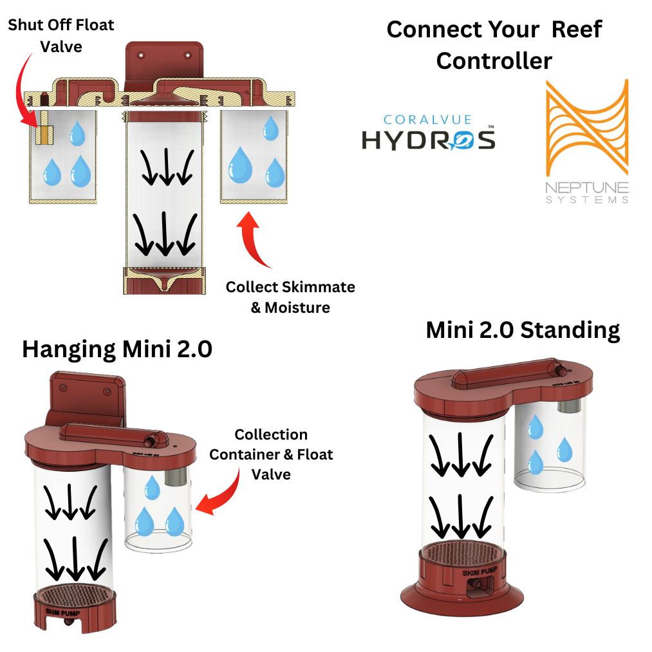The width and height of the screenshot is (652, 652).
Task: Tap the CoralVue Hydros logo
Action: (x=428, y=133)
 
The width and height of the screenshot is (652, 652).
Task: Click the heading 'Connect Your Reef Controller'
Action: (x=494, y=45)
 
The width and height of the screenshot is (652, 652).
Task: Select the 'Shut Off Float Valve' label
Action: (x=61, y=35)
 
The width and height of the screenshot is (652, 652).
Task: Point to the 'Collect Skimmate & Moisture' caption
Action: (x=290, y=297)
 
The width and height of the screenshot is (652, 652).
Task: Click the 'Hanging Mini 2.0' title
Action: (x=116, y=349)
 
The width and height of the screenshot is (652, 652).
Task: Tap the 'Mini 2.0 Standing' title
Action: (x=523, y=330)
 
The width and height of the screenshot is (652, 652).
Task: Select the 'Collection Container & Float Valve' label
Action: (x=271, y=454)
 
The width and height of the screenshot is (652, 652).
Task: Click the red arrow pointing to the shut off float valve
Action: (x=26, y=90)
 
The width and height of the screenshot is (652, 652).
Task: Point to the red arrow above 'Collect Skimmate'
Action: (x=255, y=241)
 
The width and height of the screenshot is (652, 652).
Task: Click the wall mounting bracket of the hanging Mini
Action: (x=89, y=398)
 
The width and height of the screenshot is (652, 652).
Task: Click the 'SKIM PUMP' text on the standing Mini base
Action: (x=473, y=572)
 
